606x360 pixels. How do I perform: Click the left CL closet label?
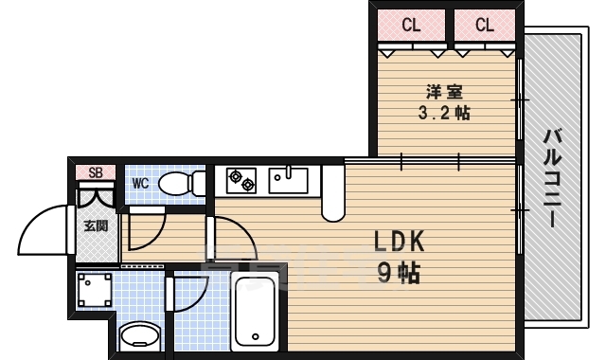pyautogui.click(x=411, y=26)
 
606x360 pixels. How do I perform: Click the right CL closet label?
pyautogui.click(x=485, y=26)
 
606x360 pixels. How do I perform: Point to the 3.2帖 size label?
pyautogui.click(x=444, y=113)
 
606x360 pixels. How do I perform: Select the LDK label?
pyautogui.click(x=400, y=242)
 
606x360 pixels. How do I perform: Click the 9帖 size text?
pyautogui.click(x=399, y=274)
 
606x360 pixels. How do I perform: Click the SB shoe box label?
pyautogui.click(x=96, y=172)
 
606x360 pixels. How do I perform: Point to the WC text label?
pyautogui.click(x=140, y=183)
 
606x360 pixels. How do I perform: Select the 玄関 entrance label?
pyautogui.click(x=96, y=225)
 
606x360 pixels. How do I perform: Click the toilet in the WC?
pyautogui.click(x=182, y=183)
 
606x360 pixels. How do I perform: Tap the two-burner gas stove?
pyautogui.click(x=241, y=180)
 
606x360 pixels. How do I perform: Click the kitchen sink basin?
pyautogui.click(x=288, y=180)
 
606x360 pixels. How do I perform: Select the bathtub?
pyautogui.click(x=255, y=312)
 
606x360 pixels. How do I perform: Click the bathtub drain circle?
pyautogui.click(x=255, y=336)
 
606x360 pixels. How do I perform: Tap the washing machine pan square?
pyautogui.click(x=95, y=290)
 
